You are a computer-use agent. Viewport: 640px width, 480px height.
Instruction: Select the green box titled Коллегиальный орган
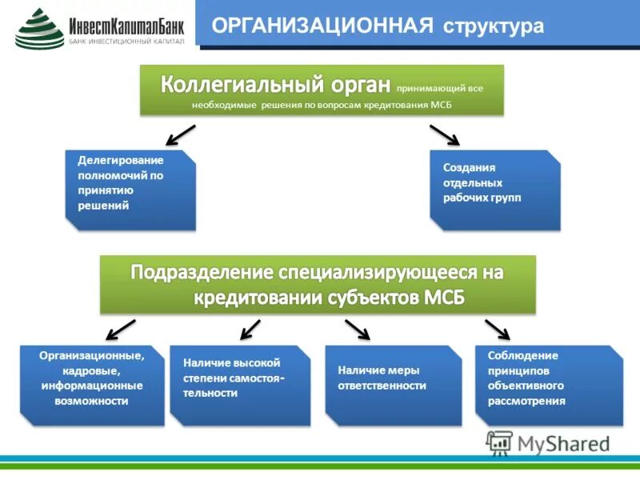coord(322,90)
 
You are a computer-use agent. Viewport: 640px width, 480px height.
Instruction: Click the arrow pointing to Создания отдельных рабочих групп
coord(444,134)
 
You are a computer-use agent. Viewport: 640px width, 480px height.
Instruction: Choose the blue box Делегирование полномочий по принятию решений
coord(130,190)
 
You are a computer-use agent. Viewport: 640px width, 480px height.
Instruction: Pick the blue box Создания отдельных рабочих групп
coord(494,190)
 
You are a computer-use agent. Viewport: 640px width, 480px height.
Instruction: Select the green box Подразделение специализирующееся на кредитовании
coord(318,284)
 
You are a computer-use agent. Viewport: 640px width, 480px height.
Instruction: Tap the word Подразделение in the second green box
coord(203,272)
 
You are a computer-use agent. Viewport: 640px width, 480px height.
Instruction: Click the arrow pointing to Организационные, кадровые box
coord(121,329)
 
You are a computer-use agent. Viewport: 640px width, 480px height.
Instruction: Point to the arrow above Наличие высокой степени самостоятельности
coord(250,329)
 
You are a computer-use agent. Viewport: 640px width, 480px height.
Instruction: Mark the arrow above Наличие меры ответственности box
coord(358,329)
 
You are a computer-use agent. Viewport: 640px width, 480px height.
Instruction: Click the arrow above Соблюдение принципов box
coord(497,329)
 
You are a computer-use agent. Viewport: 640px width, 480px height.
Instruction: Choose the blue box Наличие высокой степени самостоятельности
coord(239,385)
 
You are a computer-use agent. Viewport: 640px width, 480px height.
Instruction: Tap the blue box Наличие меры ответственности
coord(393,385)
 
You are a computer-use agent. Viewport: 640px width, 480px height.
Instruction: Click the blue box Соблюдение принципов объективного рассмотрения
coord(548,385)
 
